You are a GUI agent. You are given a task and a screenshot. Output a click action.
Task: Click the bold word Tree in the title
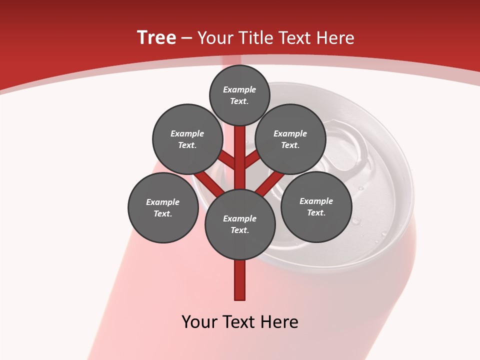(156, 38)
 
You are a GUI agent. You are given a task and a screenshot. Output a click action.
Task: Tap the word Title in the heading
(255, 38)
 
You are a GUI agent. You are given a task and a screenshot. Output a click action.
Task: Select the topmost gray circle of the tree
(239, 95)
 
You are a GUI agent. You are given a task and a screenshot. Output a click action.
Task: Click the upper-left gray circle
(187, 139)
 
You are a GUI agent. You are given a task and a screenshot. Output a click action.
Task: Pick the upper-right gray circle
(290, 139)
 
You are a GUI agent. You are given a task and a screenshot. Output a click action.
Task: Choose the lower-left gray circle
(163, 207)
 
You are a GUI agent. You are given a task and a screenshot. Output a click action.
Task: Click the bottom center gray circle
(240, 224)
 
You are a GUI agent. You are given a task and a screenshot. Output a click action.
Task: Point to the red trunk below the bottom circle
(240, 280)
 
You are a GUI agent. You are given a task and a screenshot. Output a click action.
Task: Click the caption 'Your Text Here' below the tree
(240, 322)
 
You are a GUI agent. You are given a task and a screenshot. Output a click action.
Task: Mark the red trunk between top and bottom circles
(240, 155)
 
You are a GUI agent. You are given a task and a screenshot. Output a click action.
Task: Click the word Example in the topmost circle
(239, 90)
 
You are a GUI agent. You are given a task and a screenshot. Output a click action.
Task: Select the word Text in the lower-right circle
(315, 212)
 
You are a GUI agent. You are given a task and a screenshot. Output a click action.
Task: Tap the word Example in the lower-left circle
(162, 202)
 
